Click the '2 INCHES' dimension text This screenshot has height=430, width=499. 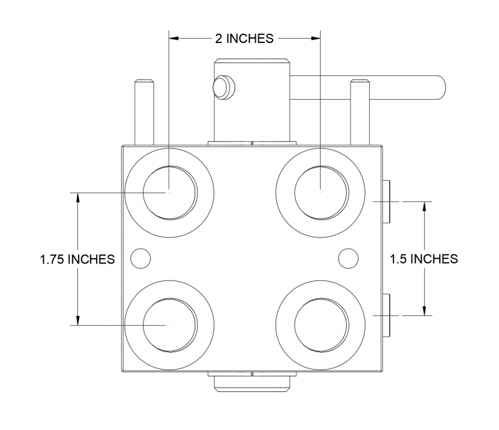coord(245,38)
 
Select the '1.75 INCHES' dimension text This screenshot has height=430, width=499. coord(77,259)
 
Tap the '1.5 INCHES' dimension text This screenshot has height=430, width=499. coord(424,259)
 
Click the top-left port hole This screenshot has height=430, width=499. coord(170,193)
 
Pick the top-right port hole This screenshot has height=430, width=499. coord(321,193)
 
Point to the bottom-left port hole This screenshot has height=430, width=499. coord(170,325)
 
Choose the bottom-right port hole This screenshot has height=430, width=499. coord(321,325)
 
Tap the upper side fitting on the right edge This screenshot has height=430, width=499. coord(386,201)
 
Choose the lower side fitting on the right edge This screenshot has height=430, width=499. coord(386,315)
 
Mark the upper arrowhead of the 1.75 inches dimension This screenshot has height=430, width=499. coord(77,198)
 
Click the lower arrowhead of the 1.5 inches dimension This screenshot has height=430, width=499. coord(424,310)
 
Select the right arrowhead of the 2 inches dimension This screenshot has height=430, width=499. coord(314,38)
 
